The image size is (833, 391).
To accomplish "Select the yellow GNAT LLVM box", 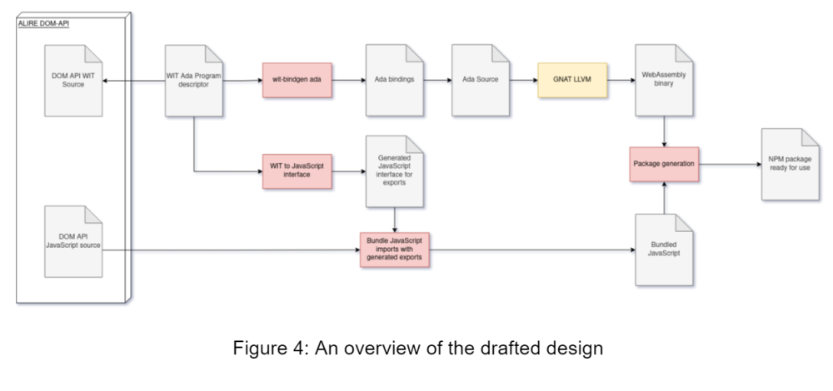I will pos(571,80).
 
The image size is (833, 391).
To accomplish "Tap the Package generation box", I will pos(663,164).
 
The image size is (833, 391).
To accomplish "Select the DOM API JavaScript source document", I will pos(73,236).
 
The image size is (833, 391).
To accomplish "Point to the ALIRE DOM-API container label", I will pos(44,22).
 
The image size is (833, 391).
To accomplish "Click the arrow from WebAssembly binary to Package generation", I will pos(663,131).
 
